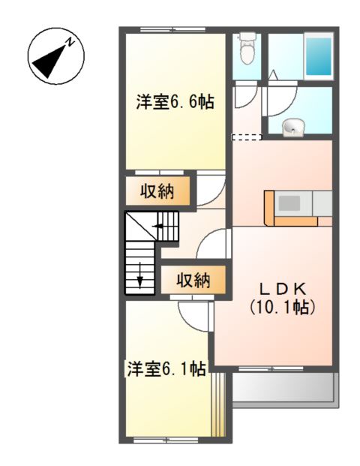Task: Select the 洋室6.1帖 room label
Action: click(x=166, y=368)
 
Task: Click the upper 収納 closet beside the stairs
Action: click(x=157, y=191)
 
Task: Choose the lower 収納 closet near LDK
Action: click(x=193, y=281)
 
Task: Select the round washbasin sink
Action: click(x=294, y=128)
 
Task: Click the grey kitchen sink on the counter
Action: click(x=290, y=203)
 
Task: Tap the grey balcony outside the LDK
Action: click(x=283, y=388)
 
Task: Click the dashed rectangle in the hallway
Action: click(x=247, y=137)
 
